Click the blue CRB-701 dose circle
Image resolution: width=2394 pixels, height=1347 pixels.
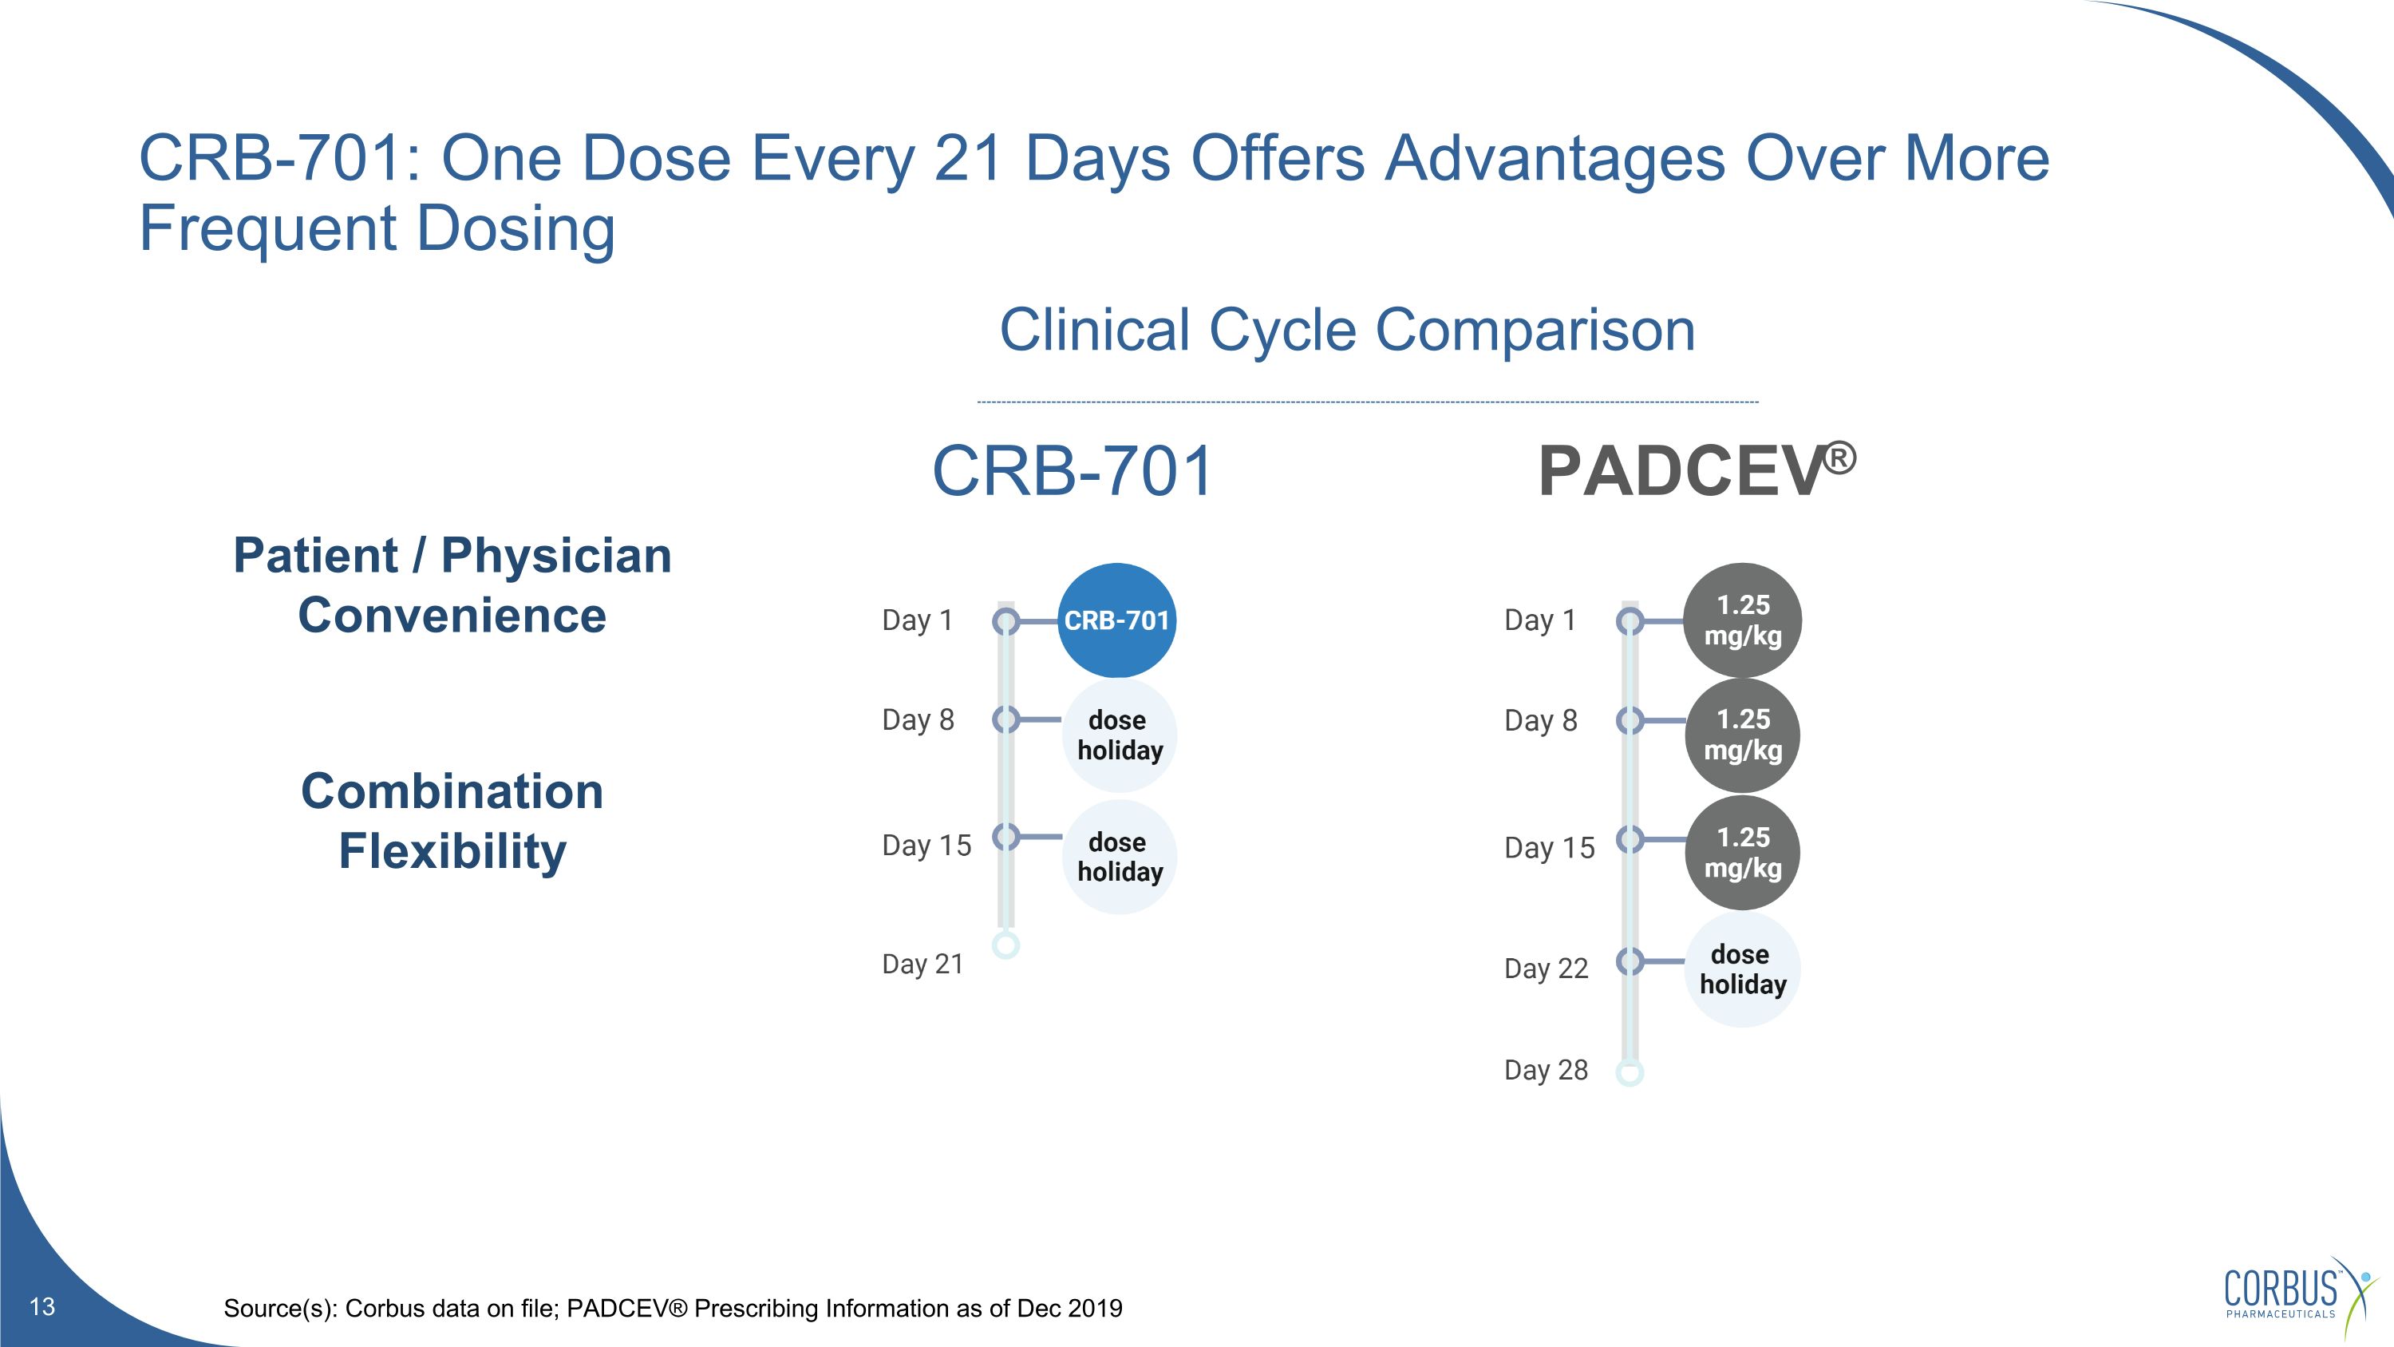tap(1116, 620)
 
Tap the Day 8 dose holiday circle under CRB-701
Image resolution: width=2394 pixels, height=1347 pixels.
tap(1119, 735)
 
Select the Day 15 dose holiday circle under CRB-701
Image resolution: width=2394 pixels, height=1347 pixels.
tap(1119, 856)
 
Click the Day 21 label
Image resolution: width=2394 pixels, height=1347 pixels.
tap(922, 964)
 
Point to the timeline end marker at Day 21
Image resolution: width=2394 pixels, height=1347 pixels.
tap(1005, 945)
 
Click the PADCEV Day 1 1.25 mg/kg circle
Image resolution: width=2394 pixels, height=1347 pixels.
tap(1743, 620)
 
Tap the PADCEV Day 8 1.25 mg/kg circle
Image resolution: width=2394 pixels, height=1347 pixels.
tap(1743, 735)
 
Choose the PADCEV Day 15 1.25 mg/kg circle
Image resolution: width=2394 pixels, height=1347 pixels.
tap(1743, 853)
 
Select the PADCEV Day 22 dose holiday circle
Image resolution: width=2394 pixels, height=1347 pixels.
tap(1743, 969)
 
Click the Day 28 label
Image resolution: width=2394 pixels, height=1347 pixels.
tap(1546, 1070)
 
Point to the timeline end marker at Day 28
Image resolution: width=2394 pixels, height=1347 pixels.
tap(1630, 1073)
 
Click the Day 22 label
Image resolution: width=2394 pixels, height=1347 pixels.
tap(1546, 969)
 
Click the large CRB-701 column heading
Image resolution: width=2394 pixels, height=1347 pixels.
tap(1073, 471)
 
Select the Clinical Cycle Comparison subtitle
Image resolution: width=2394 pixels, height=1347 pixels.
tap(1347, 330)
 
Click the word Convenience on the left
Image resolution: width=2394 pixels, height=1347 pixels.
tap(452, 616)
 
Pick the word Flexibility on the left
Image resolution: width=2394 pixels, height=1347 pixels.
tap(452, 851)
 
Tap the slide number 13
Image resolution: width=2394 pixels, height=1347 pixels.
tap(43, 1306)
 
